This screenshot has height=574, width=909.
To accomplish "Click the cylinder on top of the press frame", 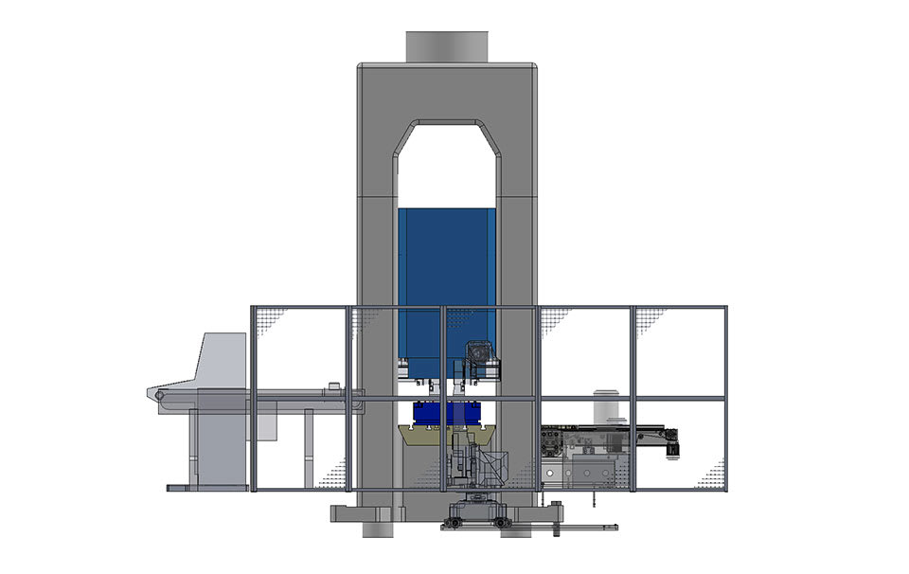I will (x=447, y=46).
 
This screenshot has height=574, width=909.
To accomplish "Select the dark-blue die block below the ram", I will (x=447, y=414).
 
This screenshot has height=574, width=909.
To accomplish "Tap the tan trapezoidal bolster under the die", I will (x=447, y=437).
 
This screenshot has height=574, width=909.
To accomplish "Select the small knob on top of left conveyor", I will (x=332, y=385).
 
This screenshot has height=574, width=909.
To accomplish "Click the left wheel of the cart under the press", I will (x=456, y=522).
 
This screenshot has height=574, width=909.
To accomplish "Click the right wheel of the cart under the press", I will (x=504, y=522).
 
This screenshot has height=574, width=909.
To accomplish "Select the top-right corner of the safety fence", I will (x=725, y=307).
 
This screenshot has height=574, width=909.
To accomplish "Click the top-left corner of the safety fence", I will (x=252, y=307).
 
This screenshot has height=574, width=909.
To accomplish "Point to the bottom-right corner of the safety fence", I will (x=725, y=489).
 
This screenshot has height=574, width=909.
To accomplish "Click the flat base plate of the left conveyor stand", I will (x=207, y=488).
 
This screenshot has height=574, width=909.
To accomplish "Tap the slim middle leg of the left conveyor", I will (x=309, y=449).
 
